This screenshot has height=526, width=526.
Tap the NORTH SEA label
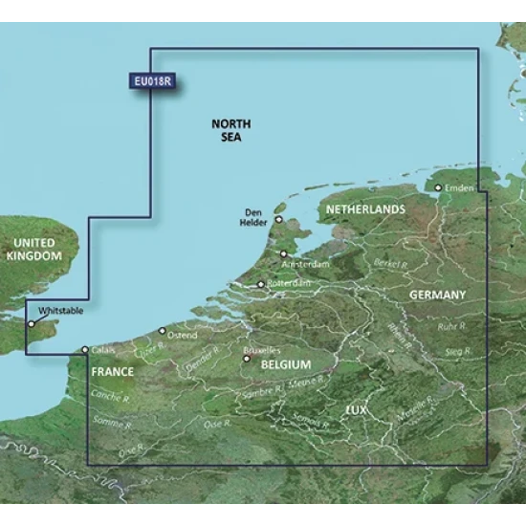pyautogui.click(x=230, y=131)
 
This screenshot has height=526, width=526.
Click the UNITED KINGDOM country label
pyautogui.click(x=33, y=249)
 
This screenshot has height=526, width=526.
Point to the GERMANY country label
pyautogui.click(x=437, y=296)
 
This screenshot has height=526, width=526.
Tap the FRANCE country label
pyautogui.click(x=112, y=368)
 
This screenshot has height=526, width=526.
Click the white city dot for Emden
pyautogui.click(x=439, y=187)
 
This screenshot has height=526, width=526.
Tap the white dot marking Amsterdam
pyautogui.click(x=283, y=253)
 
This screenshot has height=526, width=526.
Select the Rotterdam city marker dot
pyautogui.click(x=261, y=284)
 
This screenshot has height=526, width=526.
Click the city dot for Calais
pyautogui.click(x=85, y=350)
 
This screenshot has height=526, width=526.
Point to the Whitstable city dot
pyautogui.click(x=32, y=323)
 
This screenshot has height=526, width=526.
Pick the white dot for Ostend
pyautogui.click(x=162, y=330)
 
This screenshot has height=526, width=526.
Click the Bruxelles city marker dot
pyautogui.click(x=247, y=360)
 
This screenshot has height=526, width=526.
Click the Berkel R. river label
pyautogui.click(x=393, y=260)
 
